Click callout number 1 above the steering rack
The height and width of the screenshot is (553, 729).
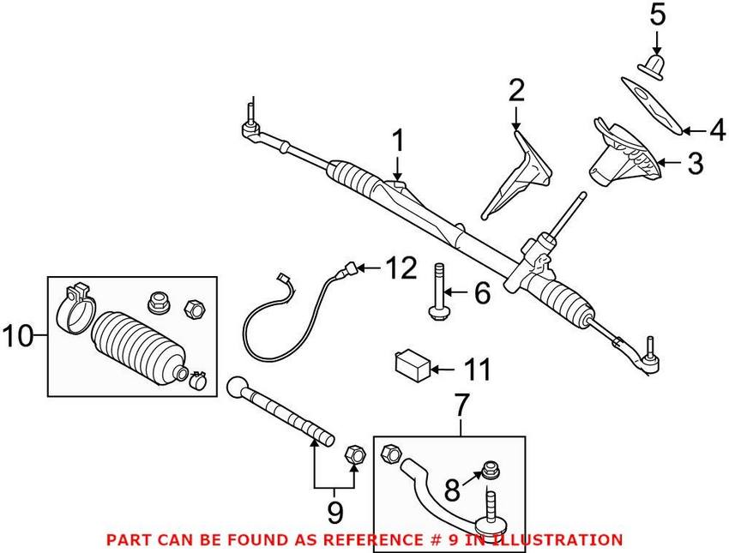click(398, 141)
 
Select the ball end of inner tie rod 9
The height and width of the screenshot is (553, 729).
click(238, 388)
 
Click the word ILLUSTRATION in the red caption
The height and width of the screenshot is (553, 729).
click(558, 539)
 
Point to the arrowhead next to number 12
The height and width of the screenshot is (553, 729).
click(364, 270)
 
